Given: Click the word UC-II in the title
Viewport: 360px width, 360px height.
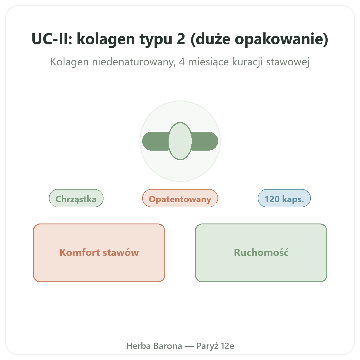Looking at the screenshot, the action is tap(52, 39).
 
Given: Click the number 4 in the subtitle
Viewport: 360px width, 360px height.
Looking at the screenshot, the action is tap(182, 62).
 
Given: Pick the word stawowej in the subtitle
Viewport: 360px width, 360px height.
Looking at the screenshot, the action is tap(288, 62).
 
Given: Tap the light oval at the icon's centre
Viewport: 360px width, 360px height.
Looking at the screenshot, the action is tap(180, 141).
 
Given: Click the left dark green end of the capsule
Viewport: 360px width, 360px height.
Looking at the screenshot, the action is tap(155, 141).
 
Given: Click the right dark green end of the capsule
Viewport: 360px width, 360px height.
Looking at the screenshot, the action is tap(205, 141).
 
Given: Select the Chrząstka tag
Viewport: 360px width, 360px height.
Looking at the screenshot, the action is tap(76, 198).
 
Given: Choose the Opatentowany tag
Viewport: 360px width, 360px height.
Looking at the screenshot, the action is tap(180, 198).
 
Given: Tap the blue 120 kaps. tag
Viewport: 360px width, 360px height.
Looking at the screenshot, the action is tap(284, 198).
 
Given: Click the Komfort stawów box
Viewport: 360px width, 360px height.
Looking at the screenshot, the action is tap(99, 253).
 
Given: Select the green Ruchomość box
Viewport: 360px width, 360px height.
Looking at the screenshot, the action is tap(261, 253).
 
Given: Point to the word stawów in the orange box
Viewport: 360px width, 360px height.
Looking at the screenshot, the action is tap(121, 253).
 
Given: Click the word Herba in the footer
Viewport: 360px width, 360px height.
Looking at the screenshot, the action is tap(138, 346).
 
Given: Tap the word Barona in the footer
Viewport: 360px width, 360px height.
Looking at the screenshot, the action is tap(168, 346).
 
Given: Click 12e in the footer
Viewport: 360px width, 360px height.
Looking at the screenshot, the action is tap(227, 346).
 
